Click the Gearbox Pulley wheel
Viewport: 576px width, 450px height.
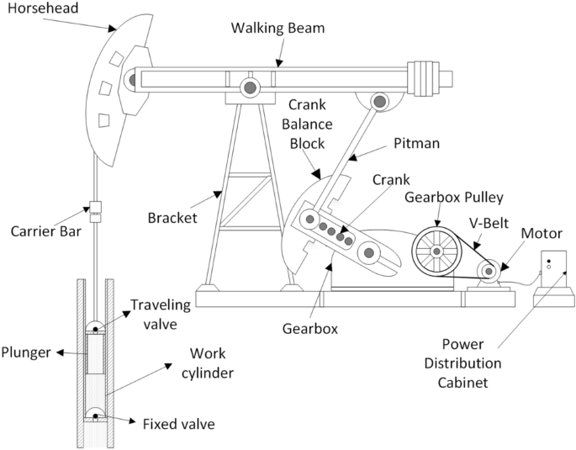[436, 250]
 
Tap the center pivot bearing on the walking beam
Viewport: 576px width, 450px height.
[250, 87]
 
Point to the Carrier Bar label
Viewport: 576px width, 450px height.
[45, 231]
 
